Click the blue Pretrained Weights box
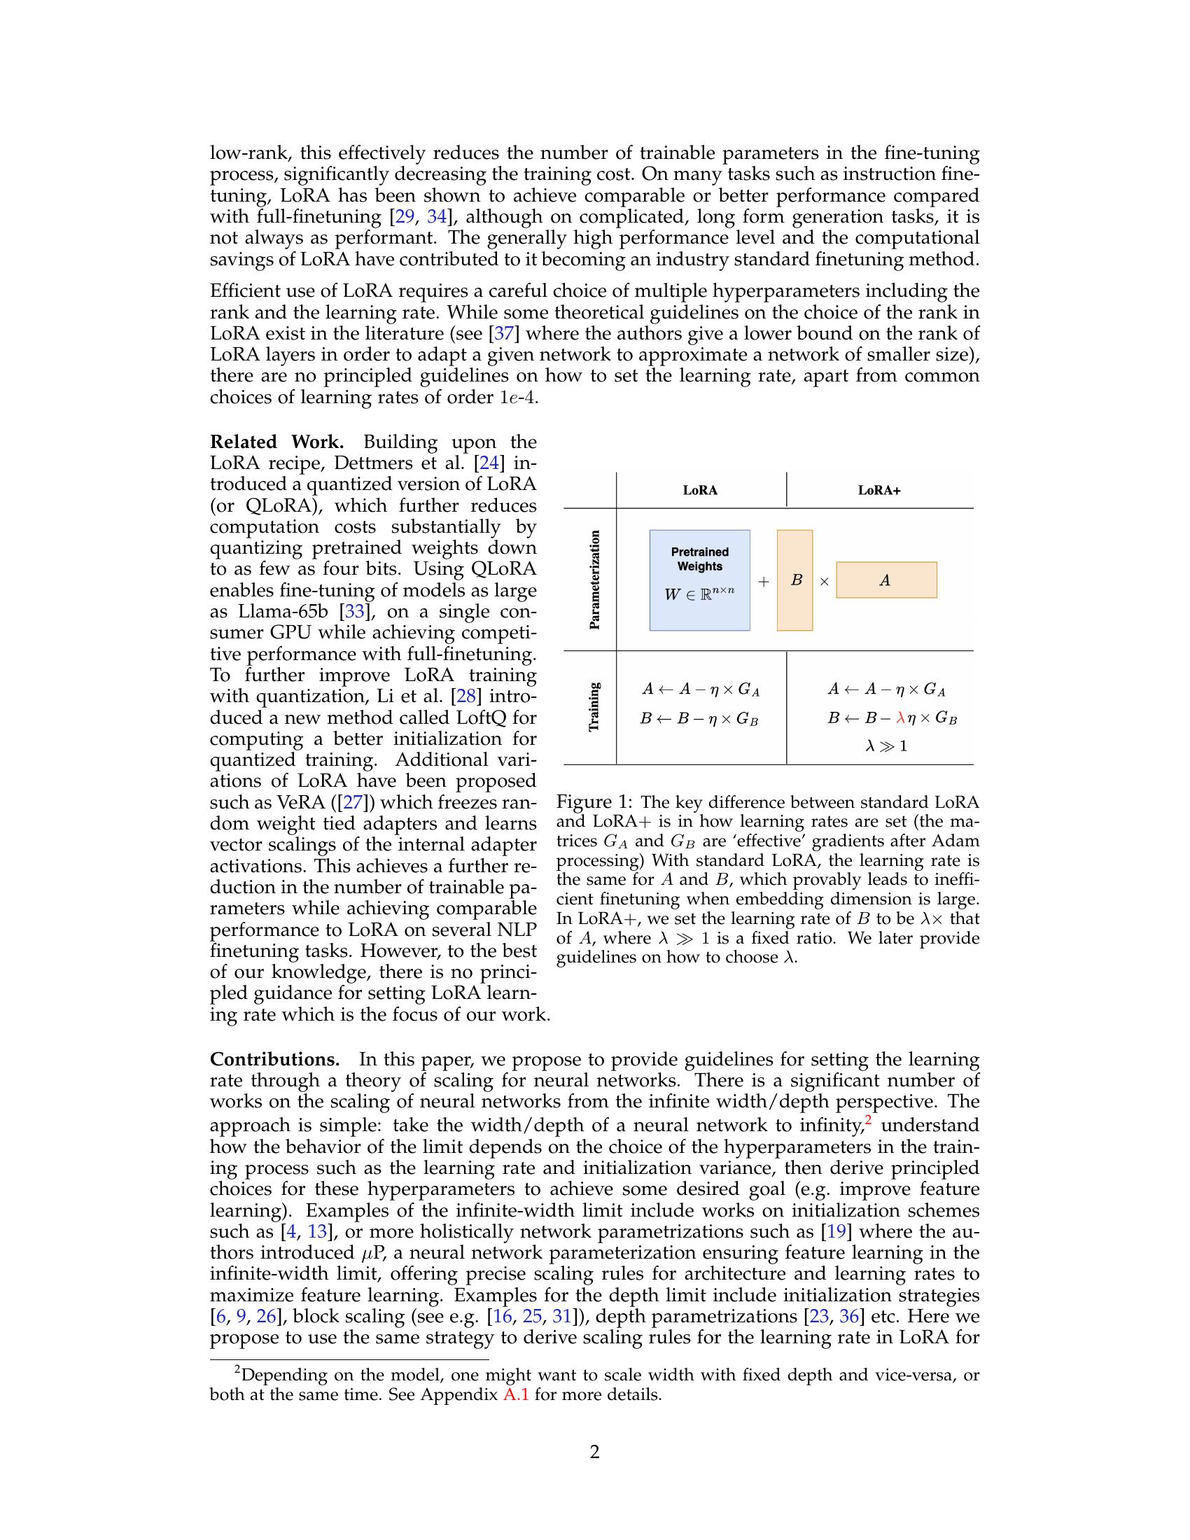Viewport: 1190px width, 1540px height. click(x=699, y=580)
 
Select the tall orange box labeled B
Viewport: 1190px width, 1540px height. click(x=794, y=580)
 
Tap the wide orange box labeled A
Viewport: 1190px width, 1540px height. click(x=886, y=580)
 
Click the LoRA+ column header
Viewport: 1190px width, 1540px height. click(x=878, y=490)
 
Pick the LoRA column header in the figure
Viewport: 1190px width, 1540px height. click(x=700, y=490)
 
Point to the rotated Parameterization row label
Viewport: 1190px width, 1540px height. click(x=594, y=580)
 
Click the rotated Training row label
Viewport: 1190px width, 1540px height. click(x=594, y=706)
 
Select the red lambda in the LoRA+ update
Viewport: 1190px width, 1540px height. click(x=900, y=718)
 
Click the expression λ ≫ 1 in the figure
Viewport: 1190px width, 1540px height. click(x=886, y=746)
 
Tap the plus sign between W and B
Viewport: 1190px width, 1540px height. click(x=764, y=582)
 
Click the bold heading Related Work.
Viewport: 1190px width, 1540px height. click(x=276, y=442)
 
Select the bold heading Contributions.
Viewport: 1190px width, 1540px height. click(x=275, y=1060)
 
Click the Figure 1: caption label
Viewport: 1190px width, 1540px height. click(x=594, y=802)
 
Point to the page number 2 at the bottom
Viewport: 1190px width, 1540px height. click(x=594, y=1452)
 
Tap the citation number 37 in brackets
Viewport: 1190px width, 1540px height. click(x=503, y=333)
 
